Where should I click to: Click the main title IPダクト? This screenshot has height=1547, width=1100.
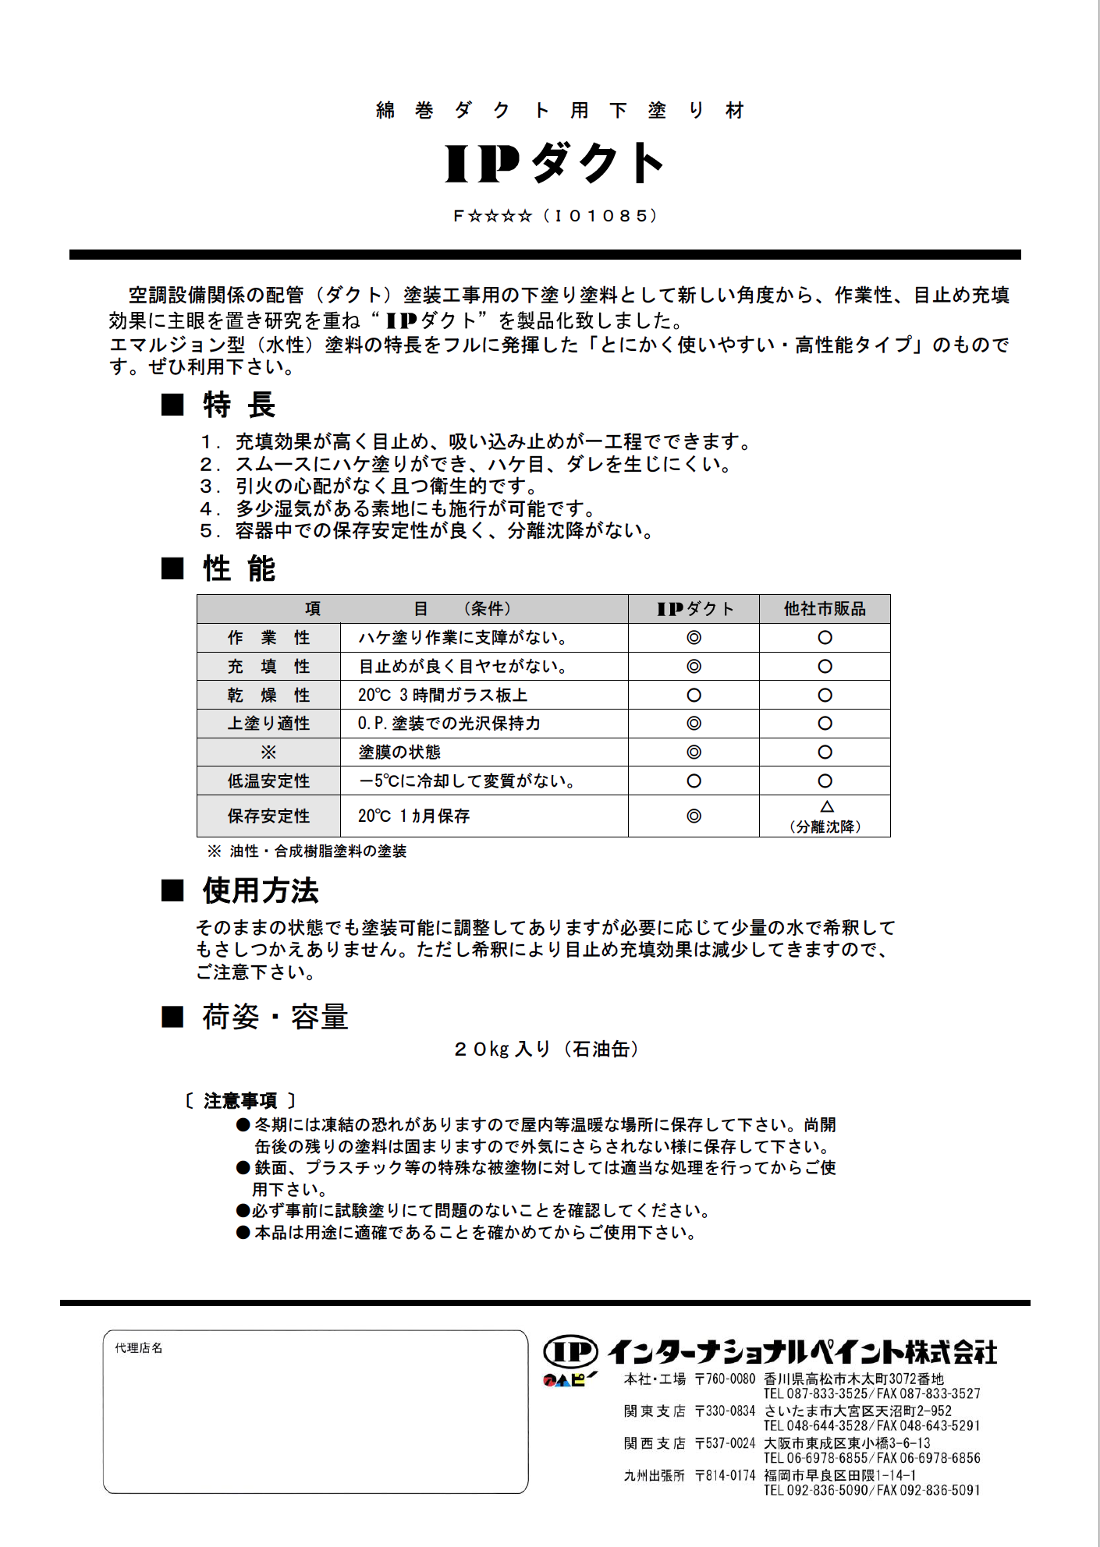(554, 163)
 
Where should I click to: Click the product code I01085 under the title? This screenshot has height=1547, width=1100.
(605, 216)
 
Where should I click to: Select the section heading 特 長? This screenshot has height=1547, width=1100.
(239, 405)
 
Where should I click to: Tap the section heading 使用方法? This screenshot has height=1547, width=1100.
(261, 890)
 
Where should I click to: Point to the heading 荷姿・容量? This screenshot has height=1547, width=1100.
(275, 1018)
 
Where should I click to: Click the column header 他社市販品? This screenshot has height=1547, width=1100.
(825, 609)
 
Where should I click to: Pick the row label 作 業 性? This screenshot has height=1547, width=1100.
(268, 638)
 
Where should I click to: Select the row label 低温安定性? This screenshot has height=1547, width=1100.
(268, 781)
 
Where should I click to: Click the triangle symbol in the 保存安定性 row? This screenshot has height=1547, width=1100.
(826, 806)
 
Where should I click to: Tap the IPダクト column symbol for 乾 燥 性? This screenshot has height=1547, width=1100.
(694, 695)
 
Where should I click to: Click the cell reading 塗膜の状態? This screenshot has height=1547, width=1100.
(399, 752)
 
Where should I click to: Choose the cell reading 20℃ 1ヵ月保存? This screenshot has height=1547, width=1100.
(413, 816)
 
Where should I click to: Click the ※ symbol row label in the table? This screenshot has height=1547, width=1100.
(268, 752)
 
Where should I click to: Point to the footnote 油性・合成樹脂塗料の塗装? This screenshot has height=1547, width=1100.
(318, 851)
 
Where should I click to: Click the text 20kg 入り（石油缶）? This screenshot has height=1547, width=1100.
(546, 1050)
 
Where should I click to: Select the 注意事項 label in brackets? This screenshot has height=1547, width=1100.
(240, 1101)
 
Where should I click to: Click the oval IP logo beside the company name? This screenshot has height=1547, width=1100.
(570, 1351)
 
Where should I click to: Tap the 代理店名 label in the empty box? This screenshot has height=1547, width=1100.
(139, 1348)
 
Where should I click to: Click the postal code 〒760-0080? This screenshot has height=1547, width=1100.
(725, 1379)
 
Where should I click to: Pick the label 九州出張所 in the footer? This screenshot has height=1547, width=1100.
(654, 1475)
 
